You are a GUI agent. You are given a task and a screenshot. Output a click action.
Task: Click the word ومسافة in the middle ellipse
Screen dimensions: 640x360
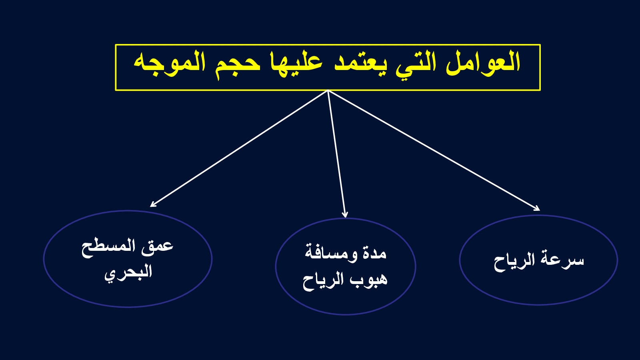[x=331, y=252]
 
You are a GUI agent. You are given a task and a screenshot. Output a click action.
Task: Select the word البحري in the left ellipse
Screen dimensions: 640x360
[x=128, y=272]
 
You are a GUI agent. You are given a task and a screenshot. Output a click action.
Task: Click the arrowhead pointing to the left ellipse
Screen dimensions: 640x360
[x=153, y=204]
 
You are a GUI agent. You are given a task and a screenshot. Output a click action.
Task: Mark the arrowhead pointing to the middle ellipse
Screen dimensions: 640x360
[x=345, y=214]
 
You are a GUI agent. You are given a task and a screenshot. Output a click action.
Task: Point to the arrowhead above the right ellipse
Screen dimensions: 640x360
[x=536, y=208]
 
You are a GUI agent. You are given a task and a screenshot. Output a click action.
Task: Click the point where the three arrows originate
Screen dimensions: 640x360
[x=328, y=90]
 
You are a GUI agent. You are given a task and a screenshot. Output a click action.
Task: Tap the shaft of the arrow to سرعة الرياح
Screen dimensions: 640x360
[x=434, y=151]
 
